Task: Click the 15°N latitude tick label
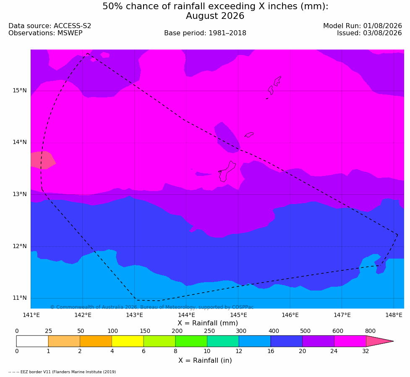point(20,91)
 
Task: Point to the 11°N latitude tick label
point(20,298)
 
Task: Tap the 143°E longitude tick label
point(135,315)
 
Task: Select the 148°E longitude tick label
point(394,315)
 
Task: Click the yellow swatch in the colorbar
point(128,341)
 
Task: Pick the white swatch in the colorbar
point(32,341)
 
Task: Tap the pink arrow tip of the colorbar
point(393,341)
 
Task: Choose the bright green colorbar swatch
point(191,341)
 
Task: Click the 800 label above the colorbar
point(370,331)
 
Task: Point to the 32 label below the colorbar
point(366,351)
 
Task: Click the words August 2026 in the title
point(215,16)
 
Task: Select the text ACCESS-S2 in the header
point(73,26)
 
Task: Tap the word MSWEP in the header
point(70,33)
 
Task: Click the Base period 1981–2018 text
point(205,33)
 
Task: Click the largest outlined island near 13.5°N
point(227,171)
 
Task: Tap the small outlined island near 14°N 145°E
point(249,135)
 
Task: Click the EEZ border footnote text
point(62,372)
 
